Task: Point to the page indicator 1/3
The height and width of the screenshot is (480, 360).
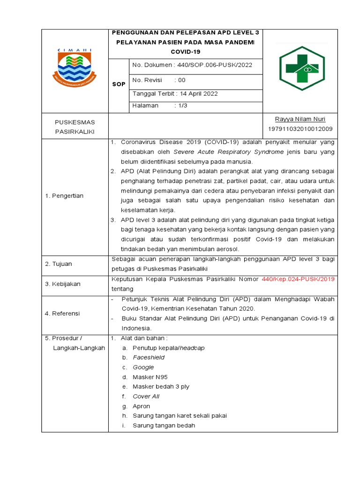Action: pyautogui.click(x=181, y=106)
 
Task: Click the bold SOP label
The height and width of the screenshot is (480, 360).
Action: pyautogui.click(x=119, y=84)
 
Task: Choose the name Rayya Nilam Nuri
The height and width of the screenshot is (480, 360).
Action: pyautogui.click(x=300, y=119)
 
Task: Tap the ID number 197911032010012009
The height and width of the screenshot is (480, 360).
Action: pyautogui.click(x=300, y=129)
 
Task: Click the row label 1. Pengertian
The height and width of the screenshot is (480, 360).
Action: pyautogui.click(x=64, y=196)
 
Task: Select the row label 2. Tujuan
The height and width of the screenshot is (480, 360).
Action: pyautogui.click(x=59, y=264)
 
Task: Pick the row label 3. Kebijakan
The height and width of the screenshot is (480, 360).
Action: pyautogui.click(x=63, y=284)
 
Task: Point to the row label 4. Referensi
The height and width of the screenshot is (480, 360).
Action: pyautogui.click(x=62, y=313)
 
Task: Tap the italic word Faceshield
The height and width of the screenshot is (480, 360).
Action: pyautogui.click(x=149, y=358)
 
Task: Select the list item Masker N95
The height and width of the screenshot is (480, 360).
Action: pyautogui.click(x=150, y=377)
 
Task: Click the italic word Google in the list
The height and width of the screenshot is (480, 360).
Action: pyautogui.click(x=143, y=367)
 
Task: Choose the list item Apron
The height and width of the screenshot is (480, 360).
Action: pyautogui.click(x=141, y=406)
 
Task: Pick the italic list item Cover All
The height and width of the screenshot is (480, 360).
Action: pyautogui.click(x=146, y=397)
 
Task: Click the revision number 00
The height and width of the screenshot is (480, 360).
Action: pyautogui.click(x=181, y=80)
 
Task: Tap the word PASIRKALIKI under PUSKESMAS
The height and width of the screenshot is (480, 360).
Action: pyautogui.click(x=75, y=132)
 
